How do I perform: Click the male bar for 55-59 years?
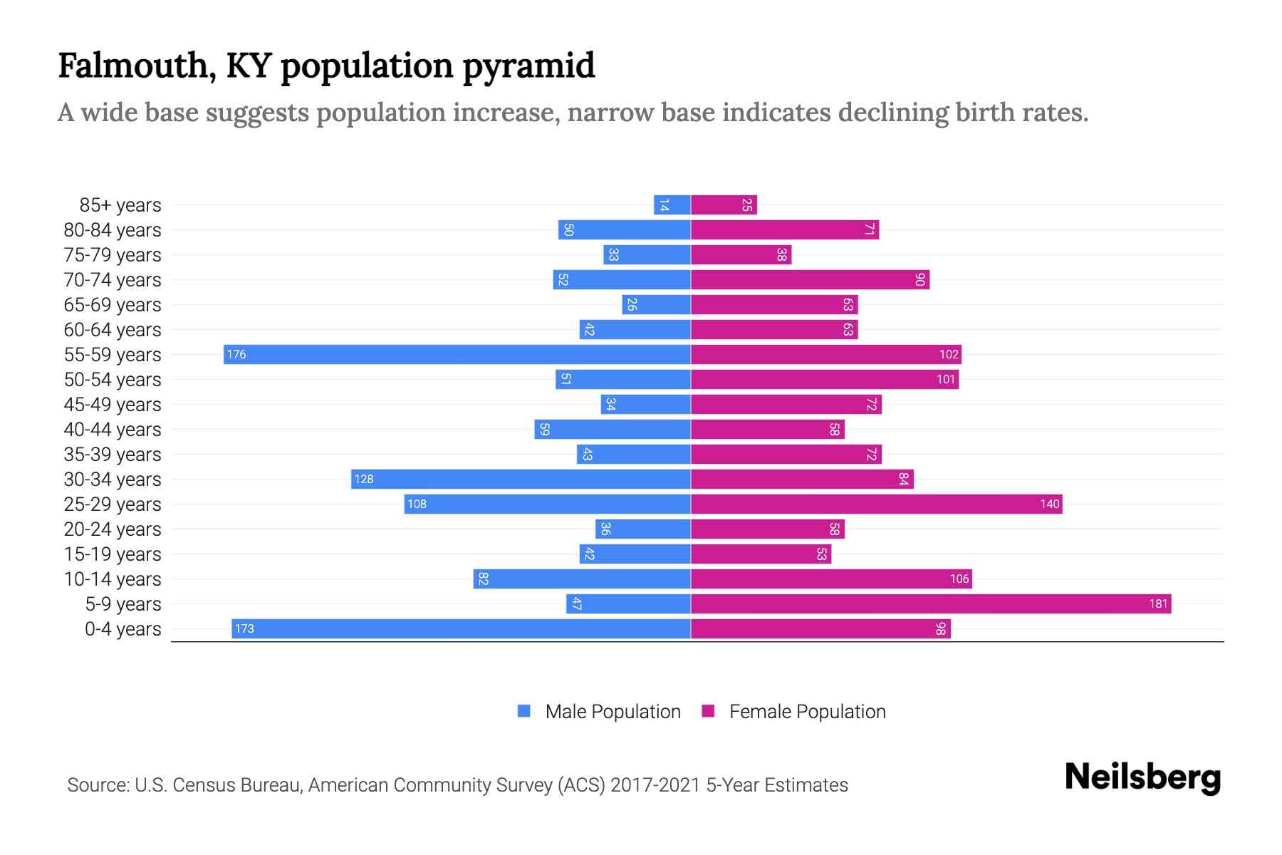click(x=457, y=354)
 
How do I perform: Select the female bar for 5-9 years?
click(x=931, y=603)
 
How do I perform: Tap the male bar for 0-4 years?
click(x=461, y=628)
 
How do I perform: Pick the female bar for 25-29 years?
click(x=876, y=504)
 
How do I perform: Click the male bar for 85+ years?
click(x=672, y=204)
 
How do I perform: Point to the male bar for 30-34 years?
click(x=521, y=479)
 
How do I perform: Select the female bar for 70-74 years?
click(x=810, y=279)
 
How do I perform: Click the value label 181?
click(x=1158, y=603)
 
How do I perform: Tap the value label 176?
click(x=236, y=354)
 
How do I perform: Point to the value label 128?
click(x=364, y=479)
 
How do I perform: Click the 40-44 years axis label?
click(x=113, y=429)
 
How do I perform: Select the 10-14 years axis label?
click(x=113, y=579)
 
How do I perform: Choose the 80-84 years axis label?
click(x=113, y=229)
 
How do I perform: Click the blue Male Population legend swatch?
click(x=524, y=711)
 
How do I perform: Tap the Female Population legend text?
click(x=807, y=711)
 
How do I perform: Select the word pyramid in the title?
click(x=528, y=66)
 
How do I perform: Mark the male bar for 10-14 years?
click(x=582, y=579)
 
